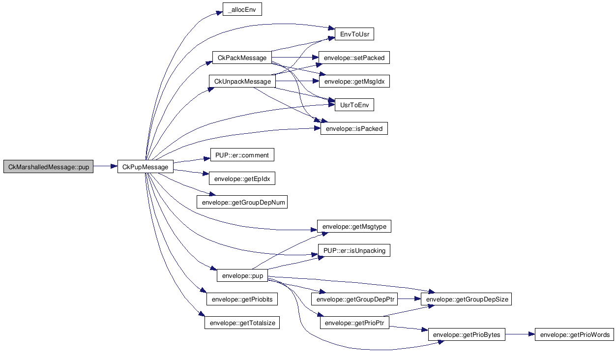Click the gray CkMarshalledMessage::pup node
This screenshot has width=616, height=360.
(x=48, y=167)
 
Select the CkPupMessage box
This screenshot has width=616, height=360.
(x=145, y=167)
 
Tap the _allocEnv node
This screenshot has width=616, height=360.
(x=242, y=9)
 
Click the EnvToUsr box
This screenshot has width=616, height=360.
(x=354, y=34)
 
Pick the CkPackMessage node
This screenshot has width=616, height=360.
(x=242, y=58)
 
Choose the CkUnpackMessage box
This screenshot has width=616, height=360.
(x=242, y=81)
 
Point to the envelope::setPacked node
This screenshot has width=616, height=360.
(x=354, y=58)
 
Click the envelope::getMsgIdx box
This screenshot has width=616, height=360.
(x=354, y=81)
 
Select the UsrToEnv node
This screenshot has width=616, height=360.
(x=354, y=105)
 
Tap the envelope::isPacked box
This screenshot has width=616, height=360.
(x=354, y=128)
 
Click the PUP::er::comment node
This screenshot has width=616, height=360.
(x=242, y=155)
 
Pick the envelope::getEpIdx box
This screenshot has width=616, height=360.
(x=242, y=179)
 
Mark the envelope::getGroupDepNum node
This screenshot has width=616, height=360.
(x=242, y=202)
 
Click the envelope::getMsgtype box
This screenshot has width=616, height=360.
(x=354, y=226)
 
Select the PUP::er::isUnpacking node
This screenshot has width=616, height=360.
(x=354, y=250)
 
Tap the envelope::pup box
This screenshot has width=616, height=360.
(x=242, y=275)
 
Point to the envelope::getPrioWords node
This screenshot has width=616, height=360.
(x=575, y=334)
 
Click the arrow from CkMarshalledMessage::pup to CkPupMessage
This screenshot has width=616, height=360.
(x=105, y=166)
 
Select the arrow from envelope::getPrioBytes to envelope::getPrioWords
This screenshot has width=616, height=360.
(x=520, y=334)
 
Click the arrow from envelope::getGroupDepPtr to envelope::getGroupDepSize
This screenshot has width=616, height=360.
(x=409, y=299)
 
